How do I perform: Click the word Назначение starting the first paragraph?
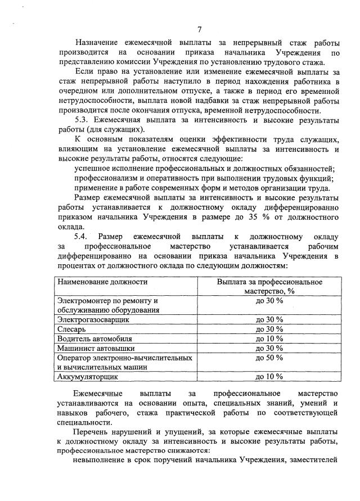pos(100,43)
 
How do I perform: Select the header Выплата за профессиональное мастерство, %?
pos(269,286)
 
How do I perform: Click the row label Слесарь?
pos(74,329)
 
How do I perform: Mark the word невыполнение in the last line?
pos(100,461)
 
